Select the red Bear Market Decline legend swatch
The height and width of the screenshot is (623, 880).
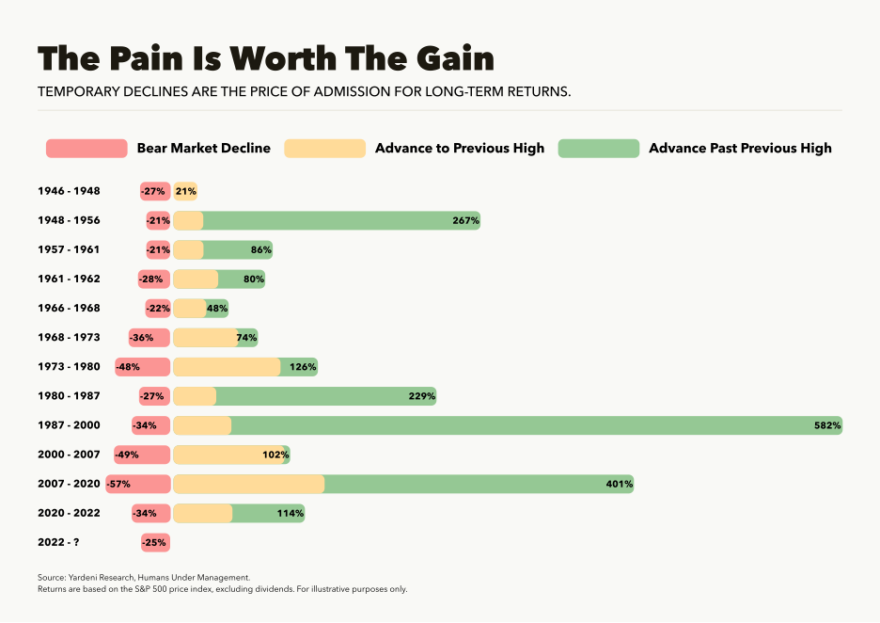click(x=86, y=149)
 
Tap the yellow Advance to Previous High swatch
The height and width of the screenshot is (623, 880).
click(x=324, y=149)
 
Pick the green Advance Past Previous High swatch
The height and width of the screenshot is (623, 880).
click(x=598, y=149)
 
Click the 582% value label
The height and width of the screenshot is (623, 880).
click(x=827, y=425)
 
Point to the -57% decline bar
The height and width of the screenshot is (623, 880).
click(x=137, y=485)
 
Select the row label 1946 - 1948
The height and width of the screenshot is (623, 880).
click(x=69, y=191)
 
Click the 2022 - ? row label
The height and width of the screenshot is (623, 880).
click(x=63, y=543)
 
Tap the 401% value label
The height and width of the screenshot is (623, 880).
click(x=620, y=485)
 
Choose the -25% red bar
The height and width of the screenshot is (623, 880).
click(x=154, y=543)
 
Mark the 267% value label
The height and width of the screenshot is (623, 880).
click(x=466, y=221)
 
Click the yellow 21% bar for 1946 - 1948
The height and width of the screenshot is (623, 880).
click(x=185, y=191)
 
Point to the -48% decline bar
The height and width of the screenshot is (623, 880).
click(x=142, y=367)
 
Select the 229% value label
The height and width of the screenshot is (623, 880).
click(x=422, y=396)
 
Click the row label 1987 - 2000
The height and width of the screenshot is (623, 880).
click(x=69, y=425)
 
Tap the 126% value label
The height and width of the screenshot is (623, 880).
click(x=303, y=367)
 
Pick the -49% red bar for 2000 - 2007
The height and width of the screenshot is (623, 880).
click(x=141, y=455)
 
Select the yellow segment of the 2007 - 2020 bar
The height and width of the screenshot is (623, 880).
click(x=249, y=485)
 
